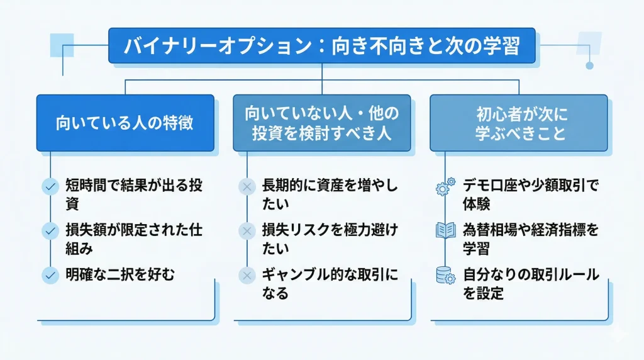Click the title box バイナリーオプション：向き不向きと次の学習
[x=321, y=46]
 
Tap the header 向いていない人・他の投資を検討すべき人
[x=321, y=123]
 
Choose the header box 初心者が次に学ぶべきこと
[x=518, y=123]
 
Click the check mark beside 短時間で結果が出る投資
[x=50, y=186]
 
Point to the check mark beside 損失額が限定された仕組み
[x=50, y=230]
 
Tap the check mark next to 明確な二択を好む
[x=50, y=275]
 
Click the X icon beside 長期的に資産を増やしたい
[x=246, y=186]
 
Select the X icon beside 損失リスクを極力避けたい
[x=246, y=230]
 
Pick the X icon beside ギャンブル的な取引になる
[x=246, y=275]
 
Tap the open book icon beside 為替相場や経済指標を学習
[x=446, y=230]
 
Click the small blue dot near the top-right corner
[x=589, y=65]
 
